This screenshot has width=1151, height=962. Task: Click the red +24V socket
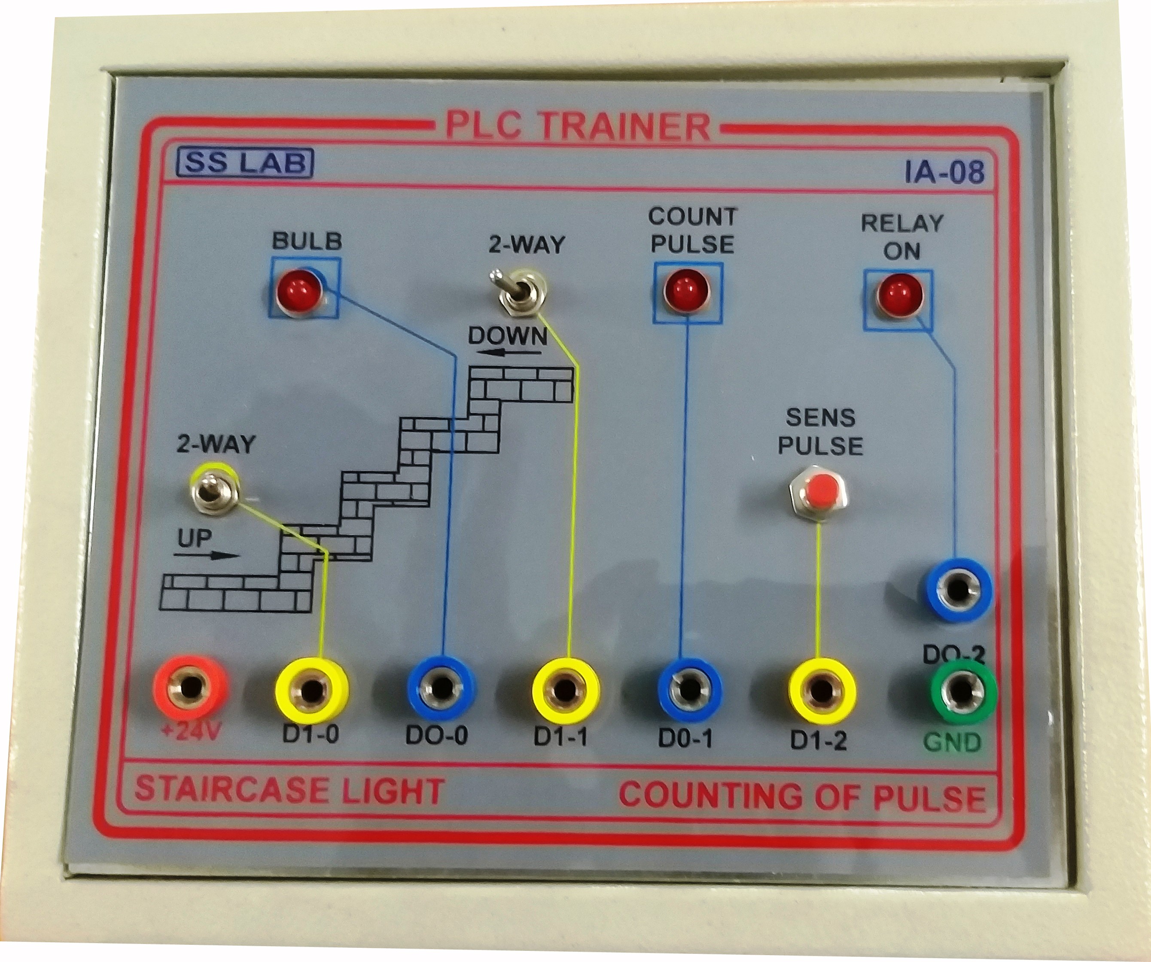(x=189, y=687)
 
